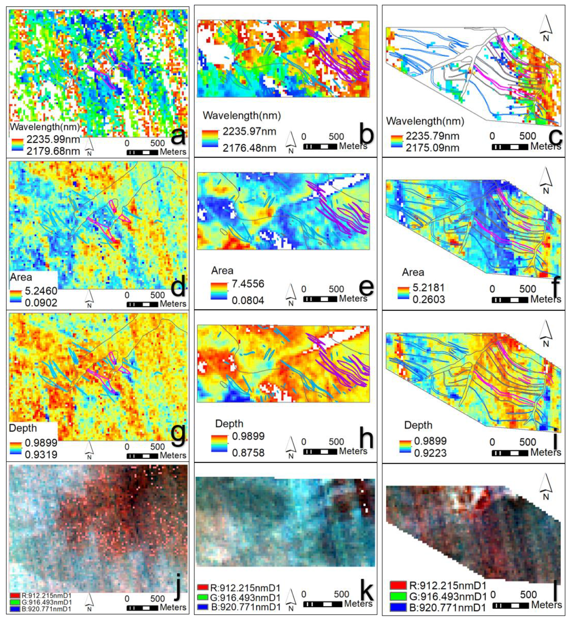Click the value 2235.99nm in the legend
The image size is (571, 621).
tap(53, 140)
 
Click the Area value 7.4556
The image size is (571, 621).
tap(248, 284)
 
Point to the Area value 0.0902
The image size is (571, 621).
tap(41, 303)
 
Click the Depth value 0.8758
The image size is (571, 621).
tap(248, 453)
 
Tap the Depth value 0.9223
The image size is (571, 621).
tap(430, 453)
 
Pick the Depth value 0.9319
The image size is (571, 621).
tap(41, 454)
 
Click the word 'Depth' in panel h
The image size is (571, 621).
tap(229, 423)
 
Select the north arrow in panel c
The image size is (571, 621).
tap(546, 28)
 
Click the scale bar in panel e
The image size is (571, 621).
tap(320, 299)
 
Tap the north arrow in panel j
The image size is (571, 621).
tap(89, 602)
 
